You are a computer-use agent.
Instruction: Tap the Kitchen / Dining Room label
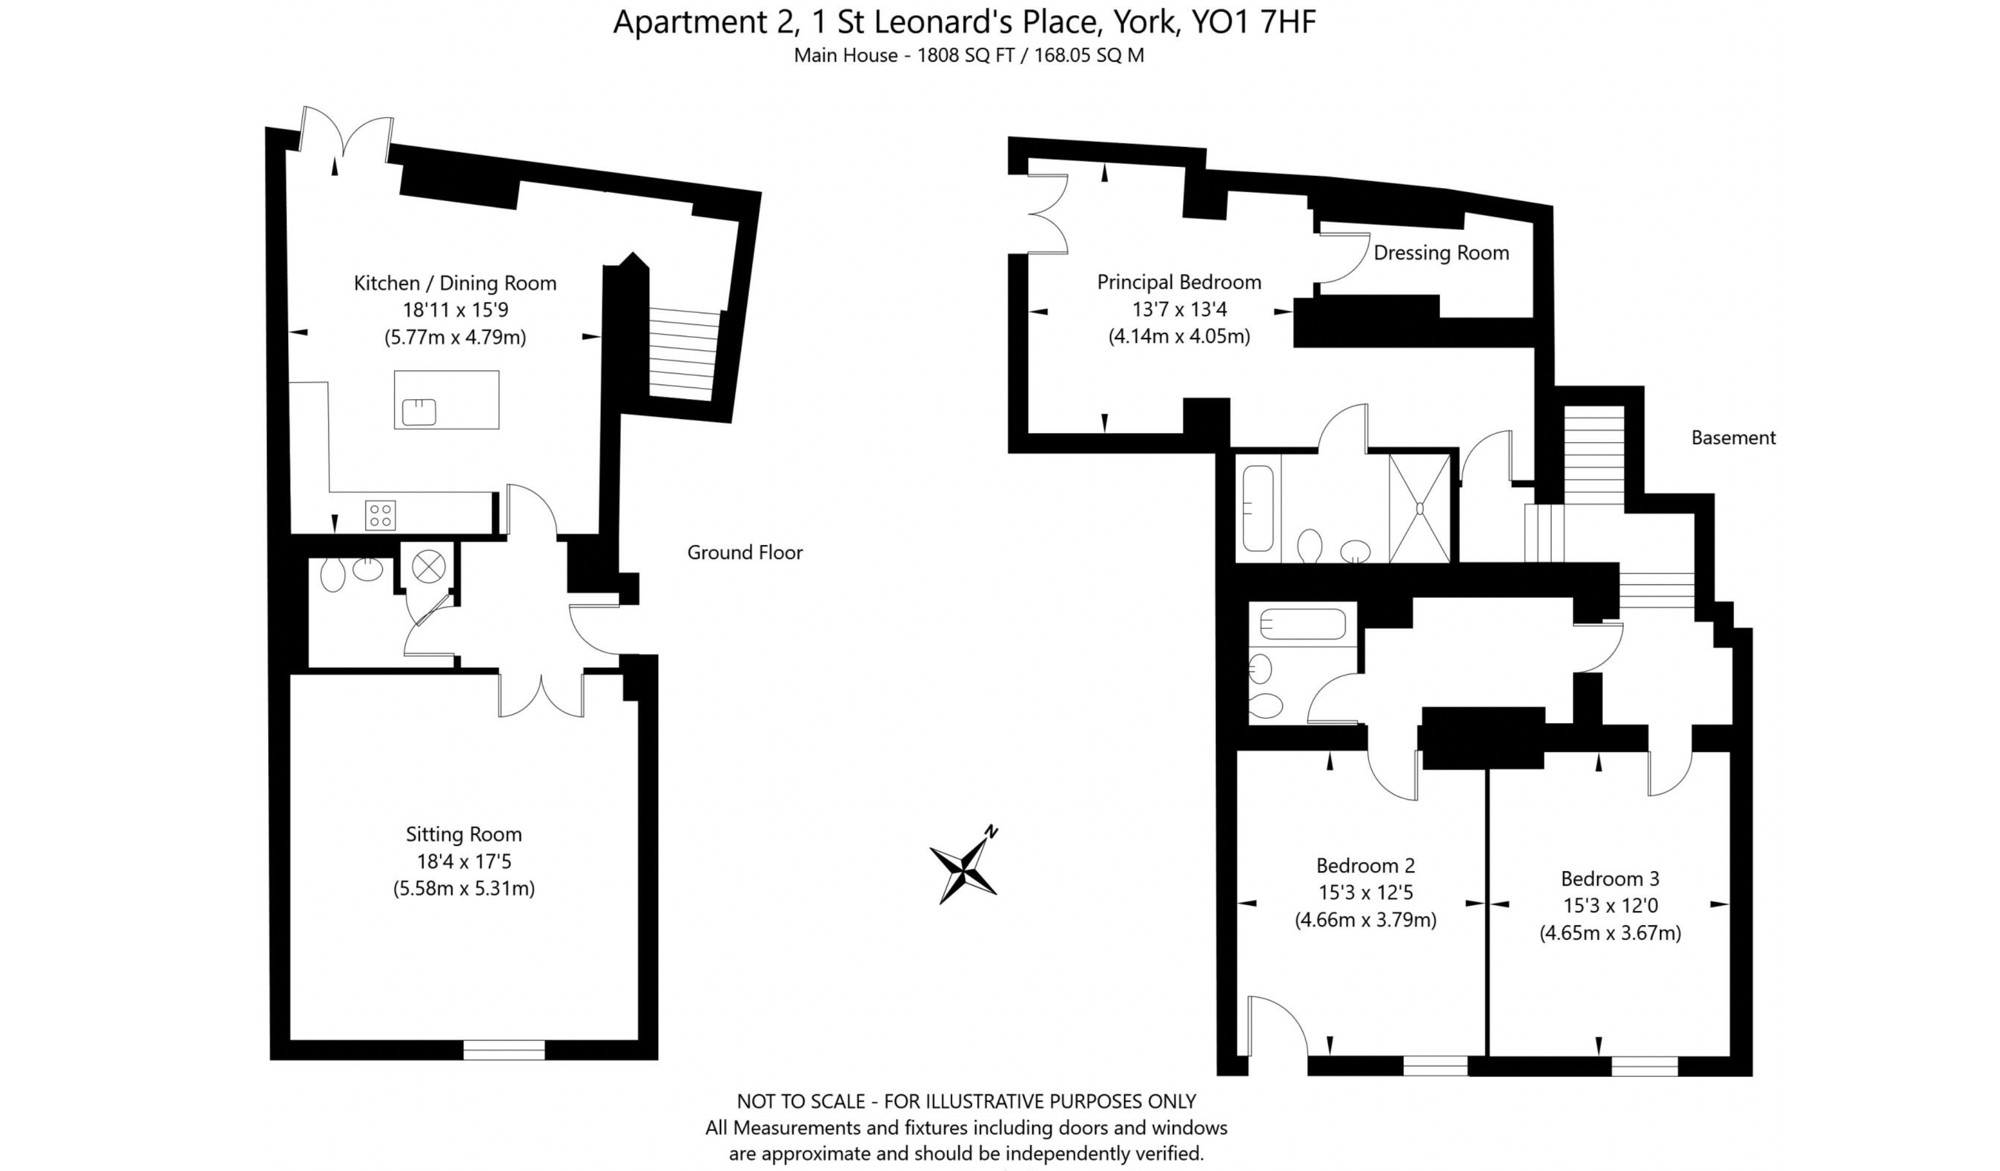(455, 283)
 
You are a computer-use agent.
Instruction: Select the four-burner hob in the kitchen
(380, 515)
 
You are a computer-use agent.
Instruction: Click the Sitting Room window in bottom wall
(504, 1050)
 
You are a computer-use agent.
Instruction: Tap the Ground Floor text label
(745, 552)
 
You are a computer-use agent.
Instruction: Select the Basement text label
(1732, 437)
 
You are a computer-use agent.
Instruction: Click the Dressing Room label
(1441, 252)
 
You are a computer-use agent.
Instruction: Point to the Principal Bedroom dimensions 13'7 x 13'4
(1179, 309)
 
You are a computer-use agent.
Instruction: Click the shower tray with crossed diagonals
(1419, 508)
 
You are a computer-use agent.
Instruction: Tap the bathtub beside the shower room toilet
(1257, 508)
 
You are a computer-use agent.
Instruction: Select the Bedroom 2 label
(1365, 865)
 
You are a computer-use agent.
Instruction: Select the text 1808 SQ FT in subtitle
(965, 55)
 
